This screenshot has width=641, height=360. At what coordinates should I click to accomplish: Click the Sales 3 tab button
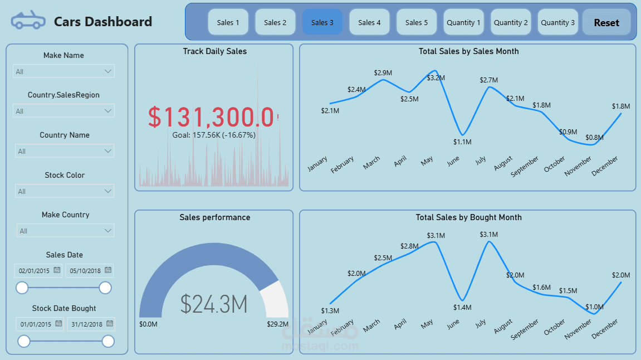[x=322, y=22]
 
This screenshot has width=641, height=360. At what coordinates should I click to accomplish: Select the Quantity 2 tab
[x=511, y=22]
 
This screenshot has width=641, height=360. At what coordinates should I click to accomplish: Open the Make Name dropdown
[x=63, y=71]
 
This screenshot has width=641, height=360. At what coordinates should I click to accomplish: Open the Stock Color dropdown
[x=65, y=191]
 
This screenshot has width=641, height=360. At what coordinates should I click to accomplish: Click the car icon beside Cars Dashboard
[x=28, y=21]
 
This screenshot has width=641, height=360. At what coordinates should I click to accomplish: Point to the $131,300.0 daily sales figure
[x=211, y=117]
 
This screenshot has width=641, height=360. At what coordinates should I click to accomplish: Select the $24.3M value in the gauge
[x=214, y=304]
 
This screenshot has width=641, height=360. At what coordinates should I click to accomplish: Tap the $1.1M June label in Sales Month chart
[x=462, y=142]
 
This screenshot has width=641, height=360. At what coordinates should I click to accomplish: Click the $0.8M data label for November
[x=594, y=138]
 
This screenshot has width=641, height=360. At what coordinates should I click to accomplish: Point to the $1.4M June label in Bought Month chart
[x=462, y=308]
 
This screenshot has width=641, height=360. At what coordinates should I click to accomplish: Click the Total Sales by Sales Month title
[x=468, y=51]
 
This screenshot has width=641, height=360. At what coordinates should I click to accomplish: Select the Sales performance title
[x=214, y=217]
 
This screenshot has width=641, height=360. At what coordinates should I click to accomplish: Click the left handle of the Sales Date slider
[x=22, y=288]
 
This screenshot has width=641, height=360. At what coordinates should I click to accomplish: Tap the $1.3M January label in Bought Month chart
[x=330, y=310]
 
